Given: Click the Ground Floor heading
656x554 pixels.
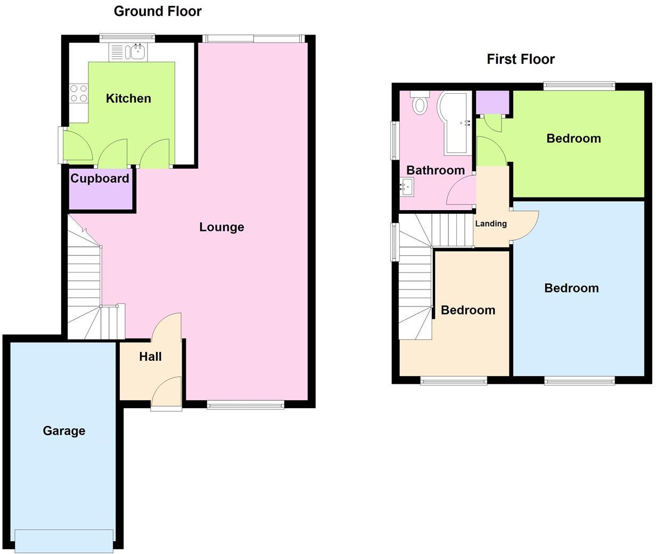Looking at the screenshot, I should tap(158, 11).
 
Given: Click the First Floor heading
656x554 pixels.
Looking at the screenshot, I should tap(520, 59).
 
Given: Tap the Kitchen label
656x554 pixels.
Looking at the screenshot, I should tap(128, 98).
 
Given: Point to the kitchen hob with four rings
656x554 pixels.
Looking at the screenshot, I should tap(79, 94).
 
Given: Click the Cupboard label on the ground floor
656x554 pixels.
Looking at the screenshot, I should tap(100, 179).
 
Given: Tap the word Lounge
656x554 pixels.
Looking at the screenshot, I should tap(222, 227).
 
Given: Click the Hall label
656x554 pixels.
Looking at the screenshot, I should tap(150, 357).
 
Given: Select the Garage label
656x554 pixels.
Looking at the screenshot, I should tap(64, 431).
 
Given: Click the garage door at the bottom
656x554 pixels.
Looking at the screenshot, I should tap(64, 540).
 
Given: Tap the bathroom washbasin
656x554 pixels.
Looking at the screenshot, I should tap(407, 186).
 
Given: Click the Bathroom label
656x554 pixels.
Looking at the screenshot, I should tap(435, 170).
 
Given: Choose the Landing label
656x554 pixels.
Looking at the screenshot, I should tap(490, 224).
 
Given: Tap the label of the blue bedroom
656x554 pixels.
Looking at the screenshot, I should tap(571, 288).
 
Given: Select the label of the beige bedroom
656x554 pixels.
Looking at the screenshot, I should tap(468, 310).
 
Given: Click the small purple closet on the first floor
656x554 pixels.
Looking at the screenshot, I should tap(492, 103).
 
